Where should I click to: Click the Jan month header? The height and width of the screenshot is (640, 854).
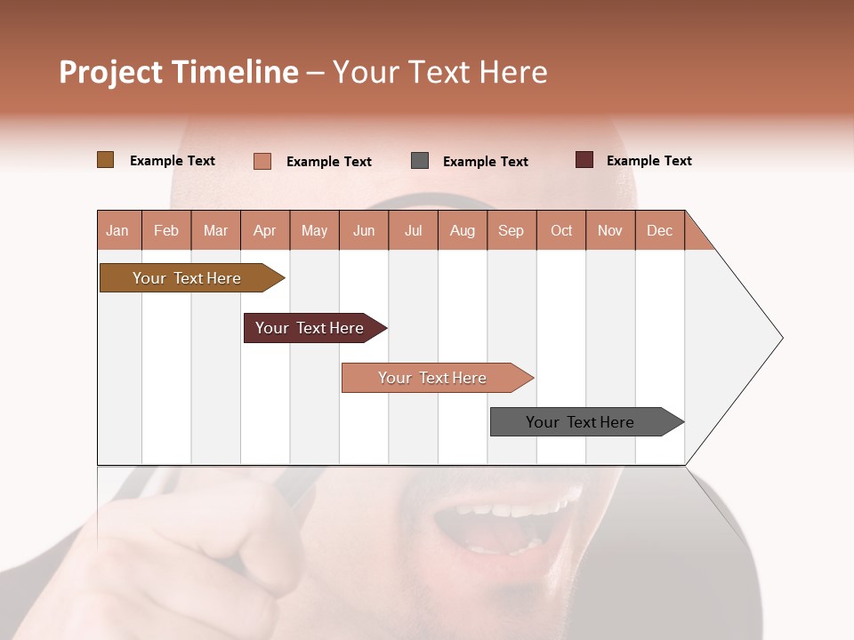(118, 230)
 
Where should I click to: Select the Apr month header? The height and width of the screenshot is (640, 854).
(265, 230)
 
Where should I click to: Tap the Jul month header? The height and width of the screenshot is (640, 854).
(413, 230)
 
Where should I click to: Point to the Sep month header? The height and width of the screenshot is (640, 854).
(511, 230)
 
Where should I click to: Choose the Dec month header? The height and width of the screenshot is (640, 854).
(659, 230)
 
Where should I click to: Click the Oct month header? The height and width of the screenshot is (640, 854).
(560, 230)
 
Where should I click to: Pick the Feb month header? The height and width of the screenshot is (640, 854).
(166, 230)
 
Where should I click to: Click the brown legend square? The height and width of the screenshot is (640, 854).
(106, 160)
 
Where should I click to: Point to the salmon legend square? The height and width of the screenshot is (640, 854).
(262, 161)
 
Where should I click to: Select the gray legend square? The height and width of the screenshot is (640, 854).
(420, 161)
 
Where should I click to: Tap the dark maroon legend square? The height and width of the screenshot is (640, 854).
(584, 160)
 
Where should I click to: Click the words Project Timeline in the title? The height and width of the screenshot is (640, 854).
(178, 72)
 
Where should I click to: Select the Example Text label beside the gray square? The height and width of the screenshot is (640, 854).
(485, 162)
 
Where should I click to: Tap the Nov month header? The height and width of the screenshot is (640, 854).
(610, 230)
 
